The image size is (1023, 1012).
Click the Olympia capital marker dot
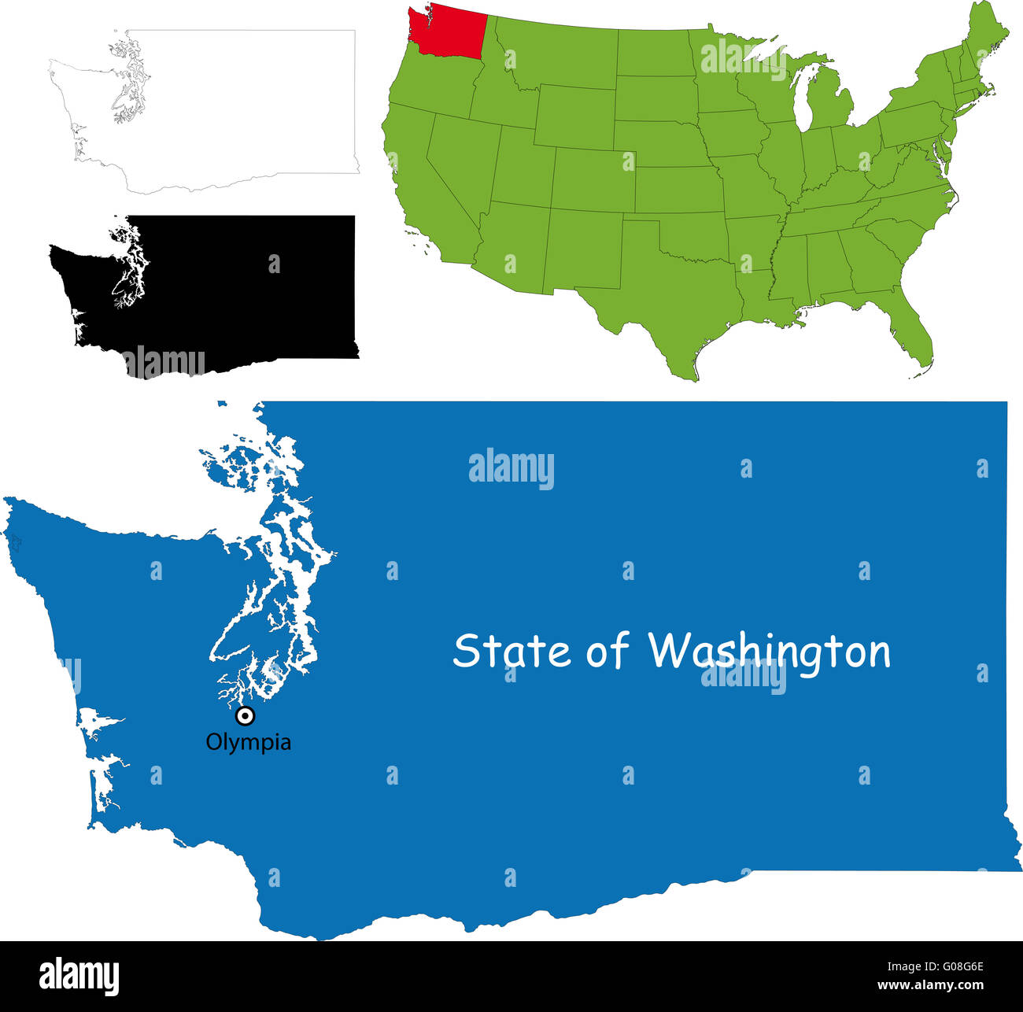pos(246,715)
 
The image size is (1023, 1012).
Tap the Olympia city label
pos(248,742)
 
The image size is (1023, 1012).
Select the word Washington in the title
pos(769,652)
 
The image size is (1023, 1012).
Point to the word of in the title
pos(608,652)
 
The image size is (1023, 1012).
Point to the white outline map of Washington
pos(236,110)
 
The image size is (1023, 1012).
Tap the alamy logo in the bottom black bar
pos(79,976)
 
